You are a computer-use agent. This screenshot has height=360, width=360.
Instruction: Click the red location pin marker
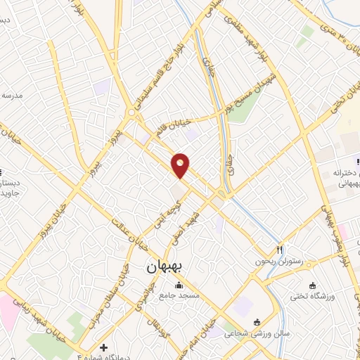181,165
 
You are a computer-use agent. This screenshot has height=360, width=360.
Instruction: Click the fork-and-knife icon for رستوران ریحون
280,250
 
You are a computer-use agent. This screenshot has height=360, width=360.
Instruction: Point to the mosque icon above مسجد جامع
179,285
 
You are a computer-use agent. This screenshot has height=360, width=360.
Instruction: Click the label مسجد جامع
179,296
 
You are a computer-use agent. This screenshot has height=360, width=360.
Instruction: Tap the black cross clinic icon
104,347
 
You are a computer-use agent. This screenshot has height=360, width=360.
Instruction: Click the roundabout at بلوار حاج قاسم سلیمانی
131,113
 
